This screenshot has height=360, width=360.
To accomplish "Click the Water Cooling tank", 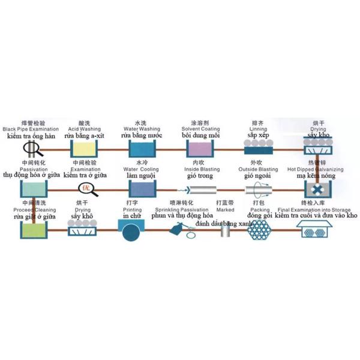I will [139, 188].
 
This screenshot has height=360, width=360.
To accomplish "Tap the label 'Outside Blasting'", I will [258, 170].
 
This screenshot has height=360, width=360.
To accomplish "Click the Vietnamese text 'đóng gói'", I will [260, 215].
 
